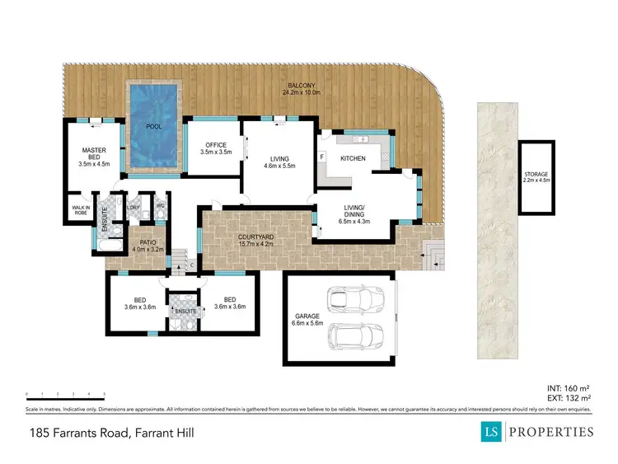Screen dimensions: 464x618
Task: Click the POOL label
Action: point(153,127)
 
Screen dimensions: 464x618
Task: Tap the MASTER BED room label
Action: point(94,157)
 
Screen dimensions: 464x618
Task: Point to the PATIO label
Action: point(148,246)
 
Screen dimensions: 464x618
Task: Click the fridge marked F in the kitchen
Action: point(322,156)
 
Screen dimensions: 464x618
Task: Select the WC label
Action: point(161,204)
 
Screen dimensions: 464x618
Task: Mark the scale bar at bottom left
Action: point(66,395)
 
